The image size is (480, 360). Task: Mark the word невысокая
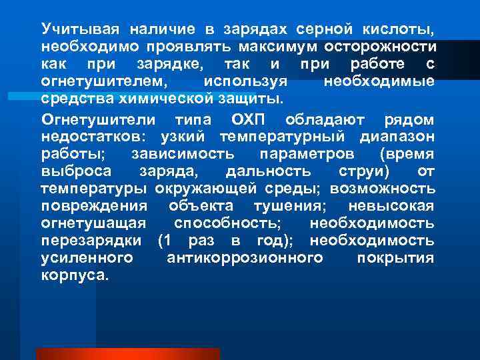pyautogui.click(x=395, y=206)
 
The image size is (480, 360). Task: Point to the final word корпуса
pyautogui.click(x=73, y=275)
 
